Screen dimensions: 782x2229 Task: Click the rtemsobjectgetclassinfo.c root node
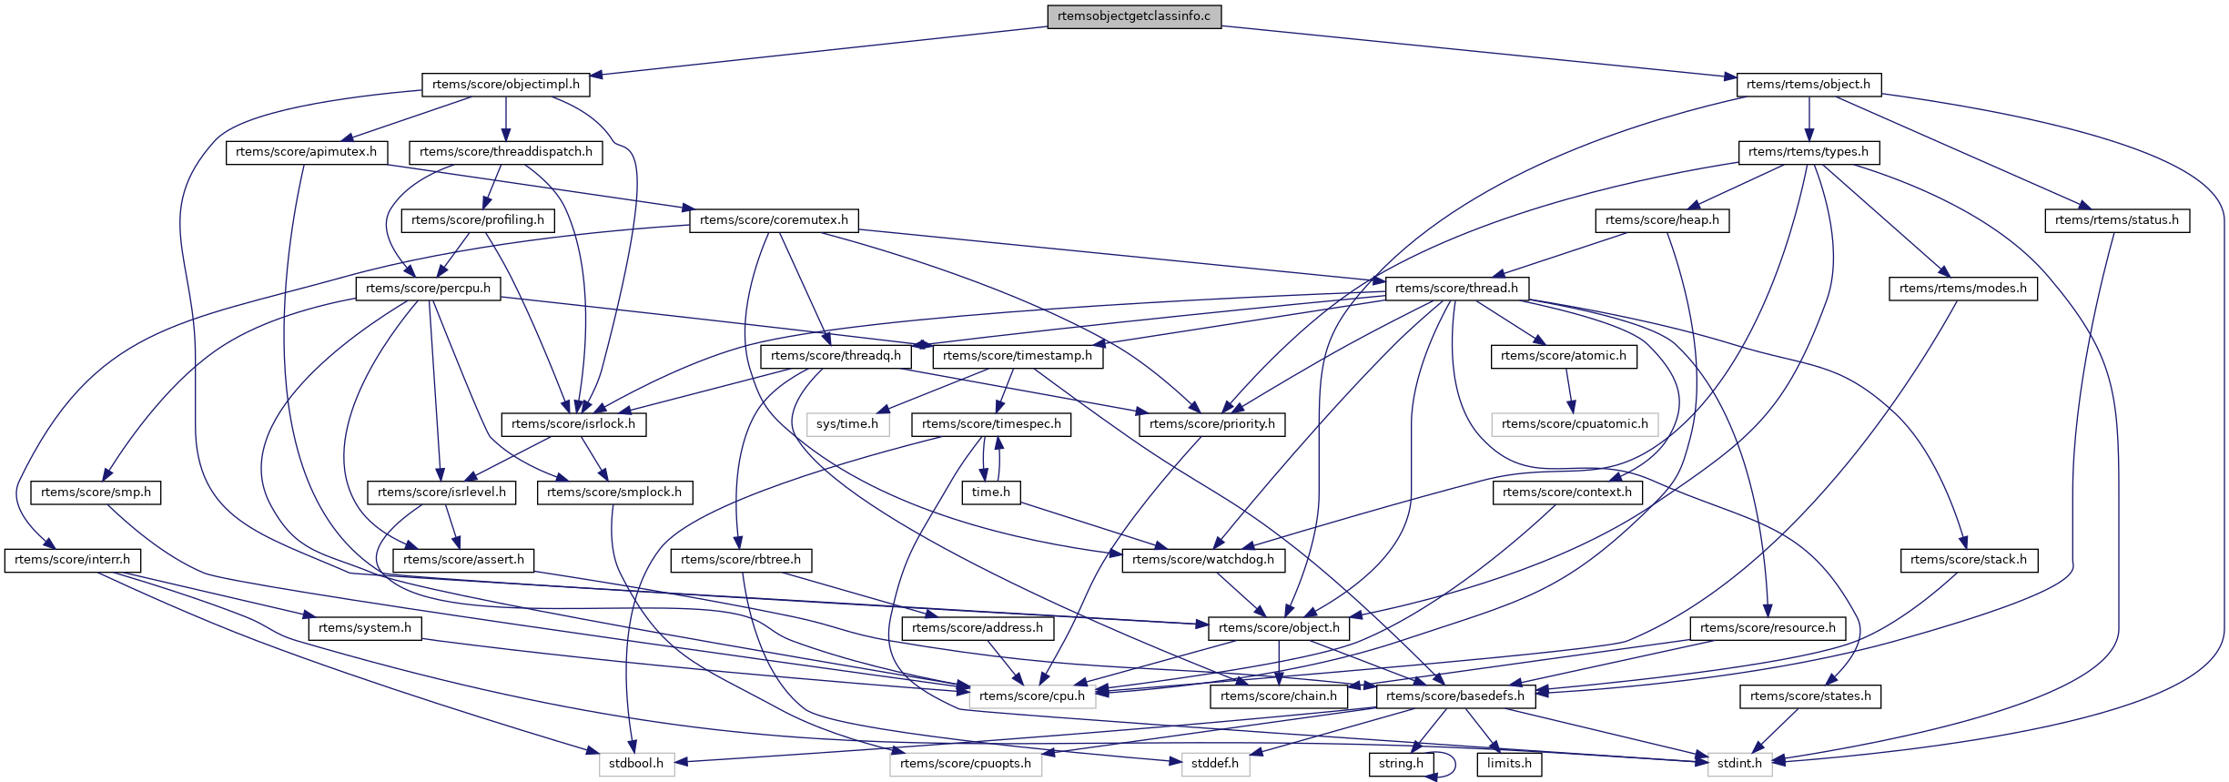(1133, 16)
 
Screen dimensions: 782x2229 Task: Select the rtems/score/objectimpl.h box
(505, 85)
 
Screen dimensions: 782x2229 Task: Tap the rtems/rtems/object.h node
(1808, 85)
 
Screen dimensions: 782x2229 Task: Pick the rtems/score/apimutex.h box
(306, 152)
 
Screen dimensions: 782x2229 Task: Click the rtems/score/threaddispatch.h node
(505, 152)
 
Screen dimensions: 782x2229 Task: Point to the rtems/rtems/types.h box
(1808, 152)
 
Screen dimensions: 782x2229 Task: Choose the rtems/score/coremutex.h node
(774, 220)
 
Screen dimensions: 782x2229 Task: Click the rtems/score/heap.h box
(1662, 220)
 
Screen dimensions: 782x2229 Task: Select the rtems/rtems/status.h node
(2116, 220)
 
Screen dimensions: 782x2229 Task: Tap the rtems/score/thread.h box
(1456, 289)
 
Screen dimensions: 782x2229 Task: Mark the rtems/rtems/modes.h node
(1962, 289)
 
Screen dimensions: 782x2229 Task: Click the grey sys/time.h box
(846, 424)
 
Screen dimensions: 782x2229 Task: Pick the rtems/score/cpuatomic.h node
(1574, 424)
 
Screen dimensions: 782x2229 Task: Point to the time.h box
(990, 493)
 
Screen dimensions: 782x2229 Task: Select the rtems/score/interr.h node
(72, 560)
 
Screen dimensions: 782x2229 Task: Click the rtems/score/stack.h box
(1968, 560)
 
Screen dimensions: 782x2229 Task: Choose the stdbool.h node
(636, 764)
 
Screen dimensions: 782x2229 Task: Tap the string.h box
(1400, 764)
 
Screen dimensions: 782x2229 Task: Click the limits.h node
(1509, 764)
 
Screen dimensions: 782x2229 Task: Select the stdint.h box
(1738, 764)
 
